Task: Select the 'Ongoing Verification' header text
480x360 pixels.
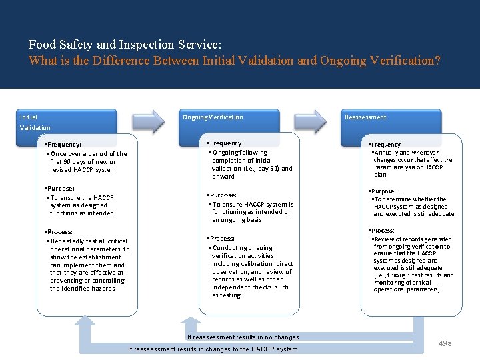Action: tap(213, 117)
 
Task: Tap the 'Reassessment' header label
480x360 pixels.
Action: tap(365, 117)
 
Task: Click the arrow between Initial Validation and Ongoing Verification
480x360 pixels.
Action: tap(148, 120)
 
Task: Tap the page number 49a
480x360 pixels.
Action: tap(445, 343)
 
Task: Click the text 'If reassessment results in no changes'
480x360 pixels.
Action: tap(243, 337)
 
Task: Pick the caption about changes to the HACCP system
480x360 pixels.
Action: tap(213, 349)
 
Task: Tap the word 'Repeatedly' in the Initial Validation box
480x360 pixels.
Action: tap(67, 241)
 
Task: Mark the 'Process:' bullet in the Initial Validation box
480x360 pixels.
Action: tap(59, 232)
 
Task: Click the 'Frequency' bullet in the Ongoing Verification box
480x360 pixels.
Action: tap(225, 143)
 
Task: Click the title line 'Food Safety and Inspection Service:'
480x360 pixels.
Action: tap(125, 45)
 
